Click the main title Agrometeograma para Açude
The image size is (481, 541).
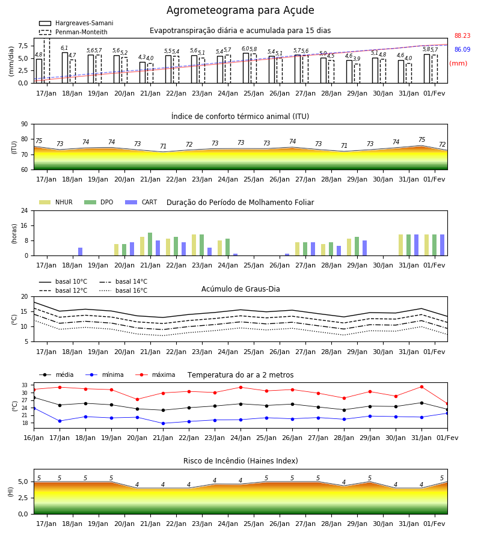[240, 10]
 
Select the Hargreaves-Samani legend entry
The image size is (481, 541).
[76, 23]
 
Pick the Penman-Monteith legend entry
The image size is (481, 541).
[73, 32]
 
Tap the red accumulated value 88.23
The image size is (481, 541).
[462, 35]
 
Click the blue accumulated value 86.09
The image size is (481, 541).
[462, 49]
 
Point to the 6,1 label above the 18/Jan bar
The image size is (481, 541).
[64, 48]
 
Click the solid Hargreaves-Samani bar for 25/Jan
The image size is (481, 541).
[246, 68]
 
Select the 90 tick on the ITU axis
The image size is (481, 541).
[25, 124]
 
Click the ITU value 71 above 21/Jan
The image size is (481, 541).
[163, 146]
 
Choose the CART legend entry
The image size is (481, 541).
[141, 202]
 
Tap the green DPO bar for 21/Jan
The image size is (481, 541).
[150, 244]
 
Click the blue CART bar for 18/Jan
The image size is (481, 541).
[81, 251]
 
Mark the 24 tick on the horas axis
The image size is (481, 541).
[25, 210]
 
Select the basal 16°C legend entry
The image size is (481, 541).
[123, 290]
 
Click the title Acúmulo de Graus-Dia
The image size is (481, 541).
[240, 289]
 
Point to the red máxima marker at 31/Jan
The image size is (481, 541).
[421, 387]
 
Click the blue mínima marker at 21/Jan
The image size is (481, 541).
[163, 423]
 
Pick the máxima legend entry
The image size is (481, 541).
[155, 374]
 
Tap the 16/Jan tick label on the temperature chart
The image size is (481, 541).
[34, 438]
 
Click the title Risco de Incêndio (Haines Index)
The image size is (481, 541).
[240, 461]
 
